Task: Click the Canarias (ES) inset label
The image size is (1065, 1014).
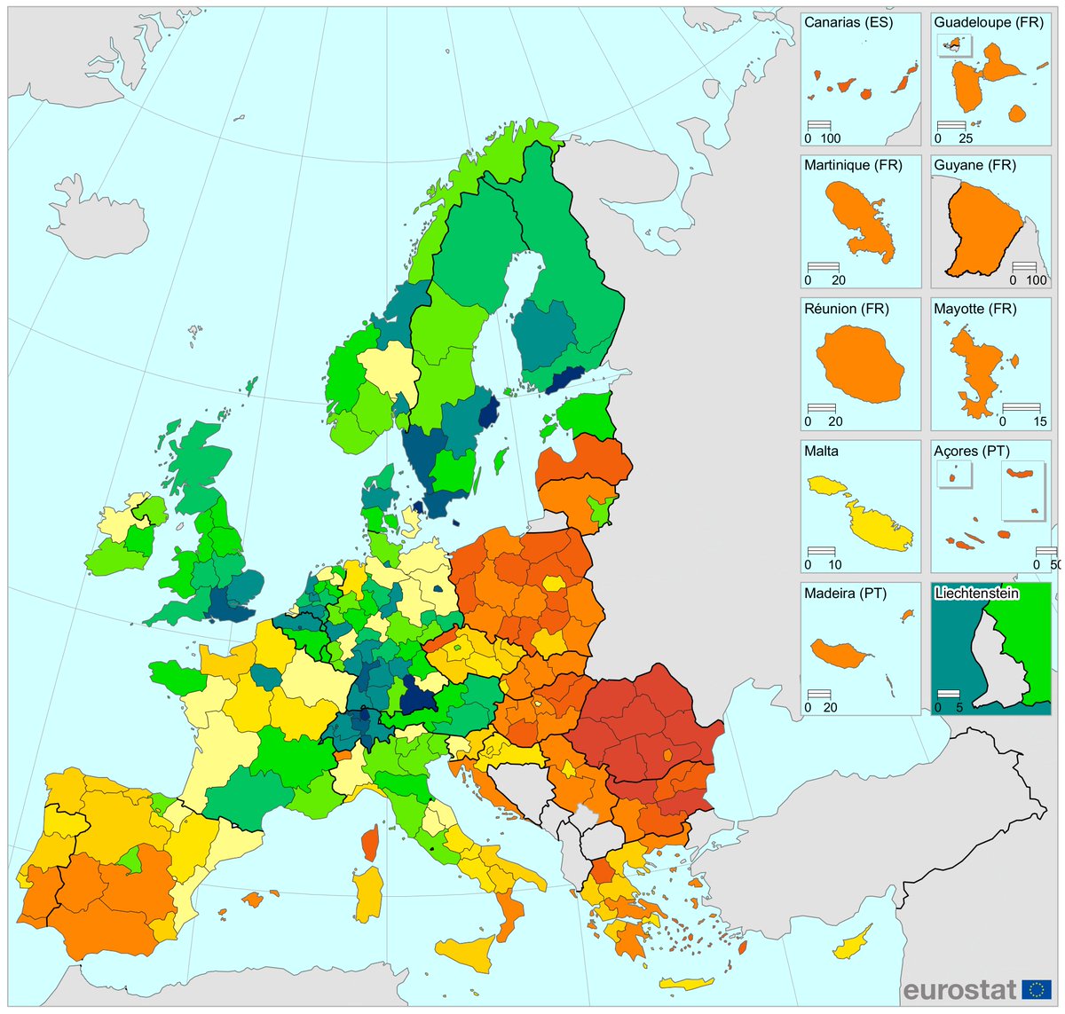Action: pyautogui.click(x=848, y=22)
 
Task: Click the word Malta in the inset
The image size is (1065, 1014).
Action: pyautogui.click(x=821, y=451)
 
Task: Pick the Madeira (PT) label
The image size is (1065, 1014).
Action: pyautogui.click(x=845, y=593)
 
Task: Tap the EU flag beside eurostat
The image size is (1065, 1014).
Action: pyautogui.click(x=1036, y=989)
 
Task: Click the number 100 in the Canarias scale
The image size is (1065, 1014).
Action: pyautogui.click(x=831, y=138)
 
